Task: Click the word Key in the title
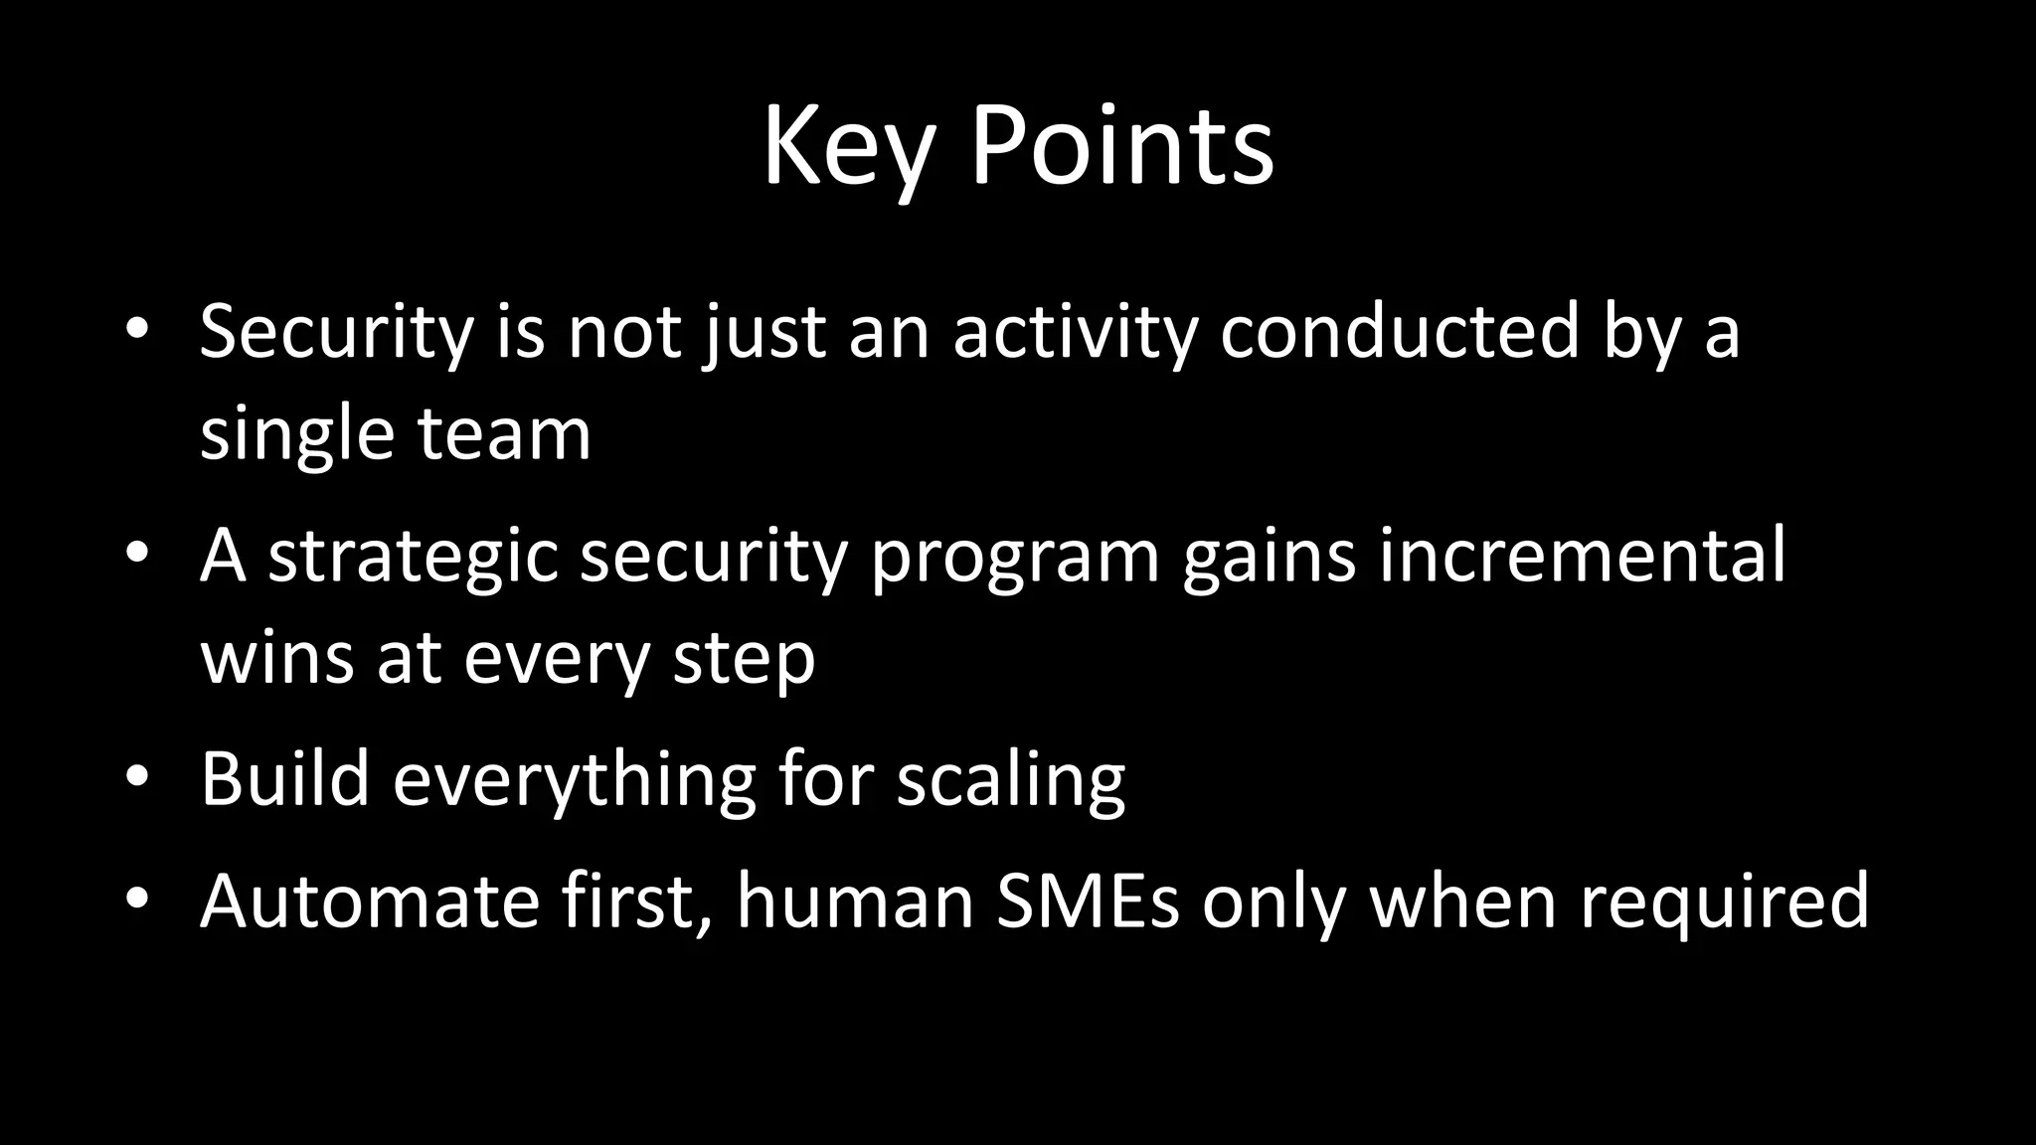tap(848, 149)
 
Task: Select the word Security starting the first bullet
tap(336, 332)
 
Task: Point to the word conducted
tap(1400, 332)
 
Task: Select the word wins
tap(276, 658)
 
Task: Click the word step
tap(744, 658)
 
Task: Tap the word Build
tap(285, 779)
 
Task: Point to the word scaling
tap(1010, 779)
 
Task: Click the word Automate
tap(369, 901)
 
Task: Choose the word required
tap(1725, 901)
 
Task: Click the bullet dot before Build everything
tap(137, 777)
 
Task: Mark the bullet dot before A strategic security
tap(137, 554)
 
